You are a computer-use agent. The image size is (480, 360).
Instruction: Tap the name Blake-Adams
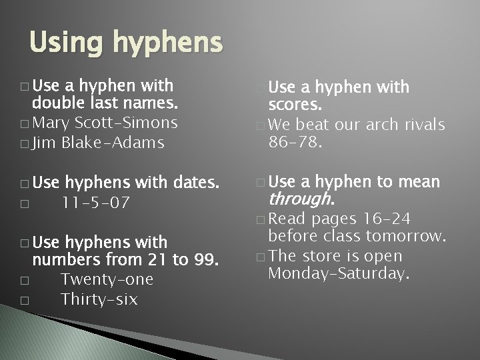pyautogui.click(x=113, y=143)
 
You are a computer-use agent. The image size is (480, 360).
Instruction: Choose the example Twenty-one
pyautogui.click(x=107, y=279)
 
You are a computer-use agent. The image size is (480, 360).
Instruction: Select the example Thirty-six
pyautogui.click(x=99, y=299)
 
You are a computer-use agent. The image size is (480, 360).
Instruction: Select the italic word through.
pyautogui.click(x=300, y=199)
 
